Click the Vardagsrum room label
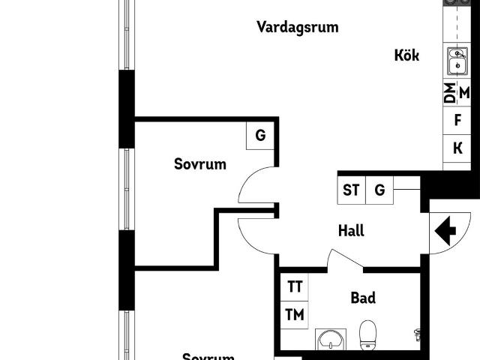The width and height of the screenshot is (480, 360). point(297,28)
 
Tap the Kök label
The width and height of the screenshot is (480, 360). point(406,55)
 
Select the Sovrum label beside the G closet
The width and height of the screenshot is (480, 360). point(199,163)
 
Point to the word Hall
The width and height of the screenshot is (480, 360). point(351,231)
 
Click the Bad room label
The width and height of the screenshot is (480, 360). point(363,298)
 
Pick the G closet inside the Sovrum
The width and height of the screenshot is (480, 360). point(260,136)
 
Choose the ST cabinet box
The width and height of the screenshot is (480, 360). point(351,190)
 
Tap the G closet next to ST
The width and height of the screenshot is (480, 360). point(380,190)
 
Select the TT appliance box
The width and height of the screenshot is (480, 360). point(295,286)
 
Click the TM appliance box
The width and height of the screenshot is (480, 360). point(295,315)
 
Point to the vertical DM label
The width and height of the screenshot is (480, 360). point(449,94)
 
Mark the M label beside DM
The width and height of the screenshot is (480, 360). point(464,93)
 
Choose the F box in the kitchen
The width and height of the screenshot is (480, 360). point(457,120)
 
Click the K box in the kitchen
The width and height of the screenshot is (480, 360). point(457,148)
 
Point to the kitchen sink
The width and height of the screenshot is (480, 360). point(457,61)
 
